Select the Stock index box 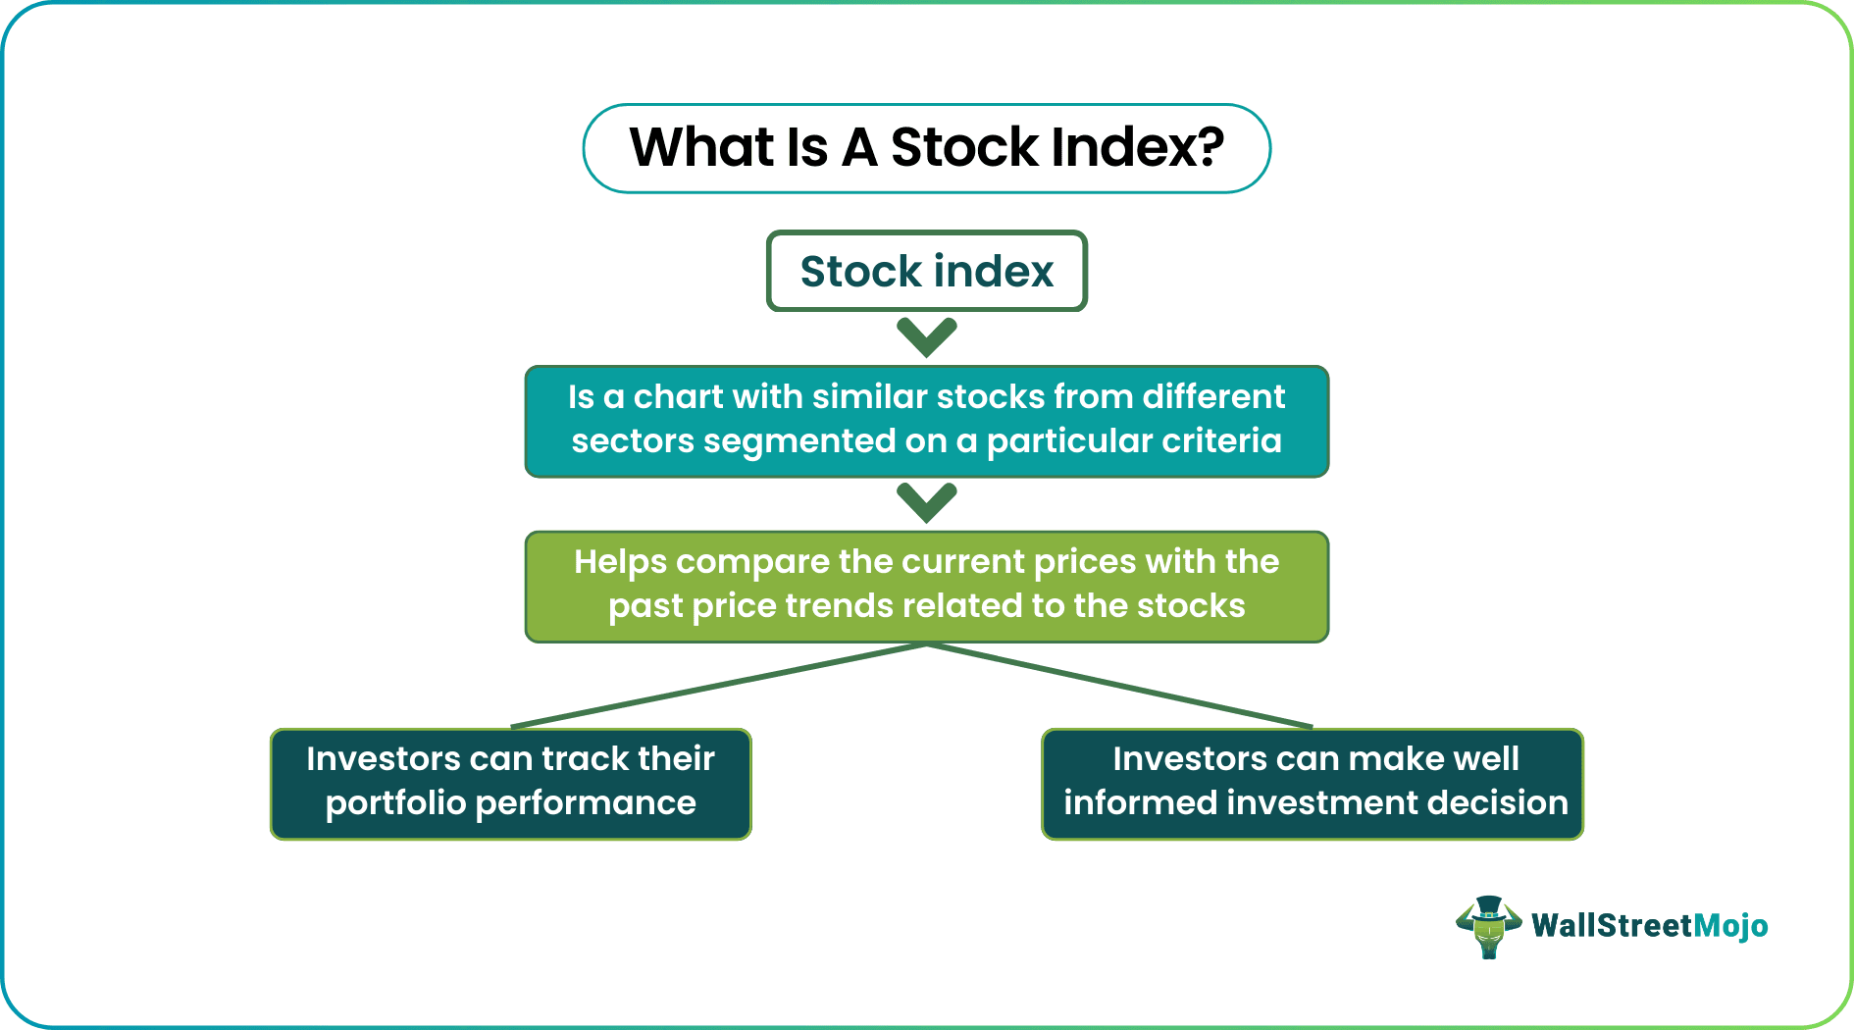click(926, 272)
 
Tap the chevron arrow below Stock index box click(926, 336)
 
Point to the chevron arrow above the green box click(926, 501)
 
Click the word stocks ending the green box click(1190, 605)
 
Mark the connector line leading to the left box click(716, 686)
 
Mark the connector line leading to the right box click(1118, 686)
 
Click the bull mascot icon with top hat click(1488, 926)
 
